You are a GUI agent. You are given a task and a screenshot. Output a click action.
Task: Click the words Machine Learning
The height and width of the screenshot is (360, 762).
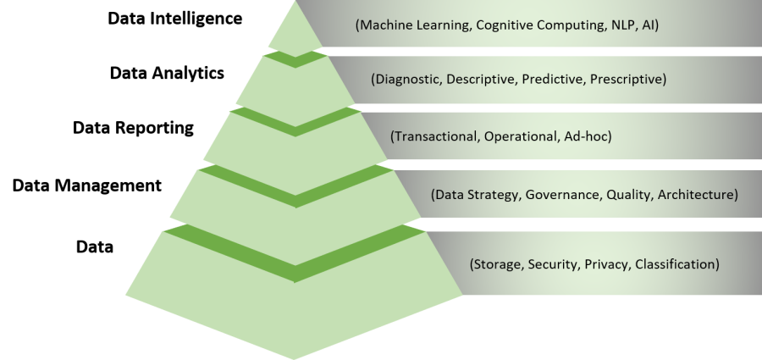[x=412, y=25]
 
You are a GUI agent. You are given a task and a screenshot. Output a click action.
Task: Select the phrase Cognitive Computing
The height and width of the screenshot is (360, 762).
[x=532, y=25]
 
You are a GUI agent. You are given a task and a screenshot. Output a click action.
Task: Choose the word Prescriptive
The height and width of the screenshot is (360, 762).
[x=627, y=80]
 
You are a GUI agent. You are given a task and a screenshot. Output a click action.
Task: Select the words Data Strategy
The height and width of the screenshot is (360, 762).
[x=474, y=195]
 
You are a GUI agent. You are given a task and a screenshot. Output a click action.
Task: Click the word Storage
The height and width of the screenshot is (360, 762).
[x=497, y=264]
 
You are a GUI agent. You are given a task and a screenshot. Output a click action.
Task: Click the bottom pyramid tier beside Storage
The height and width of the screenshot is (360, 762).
[x=295, y=313]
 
